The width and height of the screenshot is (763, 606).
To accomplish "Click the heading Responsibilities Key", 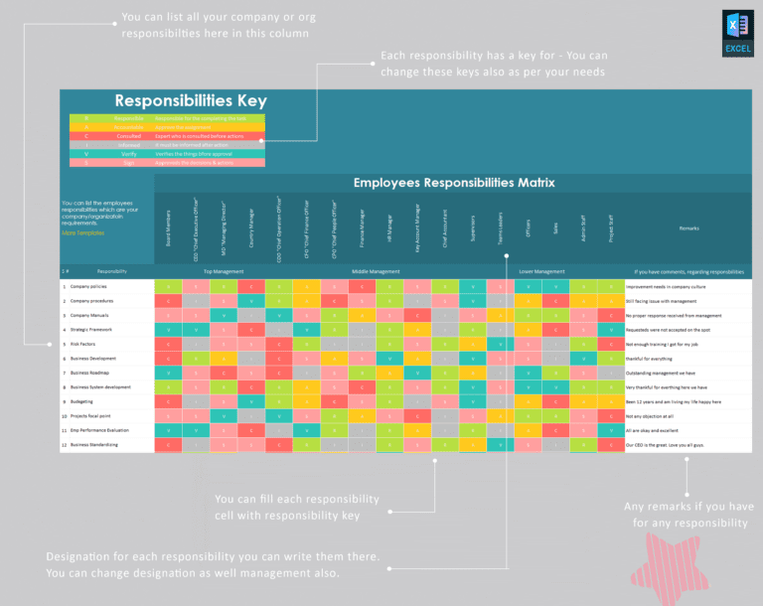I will [190, 100].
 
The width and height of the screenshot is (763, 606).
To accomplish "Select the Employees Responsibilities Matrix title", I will [454, 183].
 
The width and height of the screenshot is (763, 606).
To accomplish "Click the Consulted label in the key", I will [127, 136].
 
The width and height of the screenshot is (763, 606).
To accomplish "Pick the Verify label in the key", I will [127, 154].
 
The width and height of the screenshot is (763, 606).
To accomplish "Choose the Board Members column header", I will [169, 227].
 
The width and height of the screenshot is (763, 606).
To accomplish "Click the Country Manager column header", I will [251, 227].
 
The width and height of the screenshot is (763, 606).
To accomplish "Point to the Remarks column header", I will [688, 228].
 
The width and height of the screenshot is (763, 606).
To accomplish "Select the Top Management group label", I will [224, 271].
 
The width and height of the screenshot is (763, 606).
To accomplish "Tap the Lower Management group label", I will [541, 271].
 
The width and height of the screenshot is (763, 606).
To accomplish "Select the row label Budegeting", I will [84, 401].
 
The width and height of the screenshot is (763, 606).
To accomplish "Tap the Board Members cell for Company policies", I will [168, 286].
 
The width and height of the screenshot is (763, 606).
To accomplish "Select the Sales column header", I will [555, 227].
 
